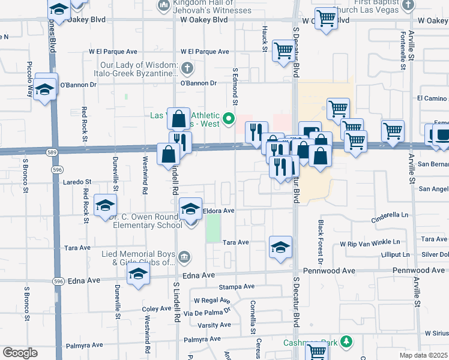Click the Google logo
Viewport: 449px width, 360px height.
(19, 353)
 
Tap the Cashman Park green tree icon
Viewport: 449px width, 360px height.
(346, 342)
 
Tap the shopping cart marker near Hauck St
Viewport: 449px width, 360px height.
(283, 51)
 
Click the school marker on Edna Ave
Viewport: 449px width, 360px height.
(138, 275)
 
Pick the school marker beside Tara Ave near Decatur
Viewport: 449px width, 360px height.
(280, 247)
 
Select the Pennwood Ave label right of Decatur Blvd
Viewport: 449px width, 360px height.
(419, 271)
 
